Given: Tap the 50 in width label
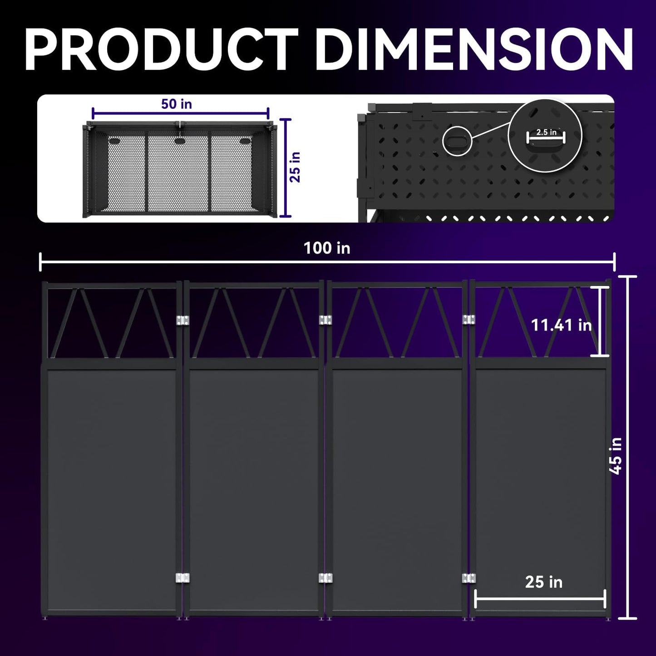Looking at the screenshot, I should point(177,104).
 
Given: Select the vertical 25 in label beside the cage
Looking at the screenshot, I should point(296,167).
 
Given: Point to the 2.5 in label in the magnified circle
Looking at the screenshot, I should point(546,132).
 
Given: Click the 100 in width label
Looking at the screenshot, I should point(327,248).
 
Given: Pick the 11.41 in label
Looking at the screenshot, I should point(561,325).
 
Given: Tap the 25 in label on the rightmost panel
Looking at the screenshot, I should point(543,582).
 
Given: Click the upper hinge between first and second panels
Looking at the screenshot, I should point(182,320).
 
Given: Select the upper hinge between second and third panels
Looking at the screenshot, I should point(325,320).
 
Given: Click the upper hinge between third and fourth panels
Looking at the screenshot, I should point(469,320).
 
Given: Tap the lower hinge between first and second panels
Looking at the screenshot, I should point(182,578).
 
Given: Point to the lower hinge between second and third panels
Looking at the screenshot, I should point(325,578).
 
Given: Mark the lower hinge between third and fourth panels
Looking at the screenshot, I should point(469,578).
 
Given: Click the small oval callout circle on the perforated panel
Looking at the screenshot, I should point(457,141).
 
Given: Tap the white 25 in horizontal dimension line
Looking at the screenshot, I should point(540,599).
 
